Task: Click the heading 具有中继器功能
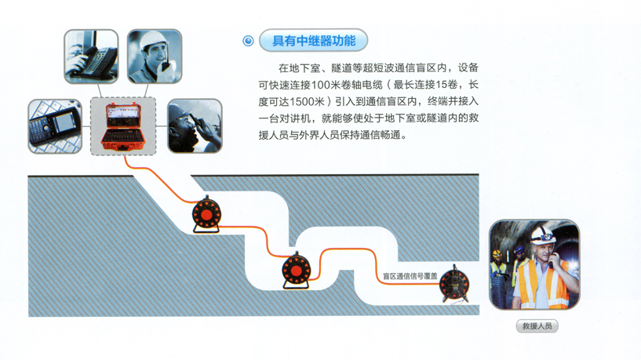tap(314, 41)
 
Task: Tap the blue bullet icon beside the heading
tap(248, 41)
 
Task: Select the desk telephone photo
tap(91, 56)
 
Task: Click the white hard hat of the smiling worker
tap(153, 41)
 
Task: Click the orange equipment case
tap(123, 126)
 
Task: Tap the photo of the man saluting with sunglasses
tap(195, 125)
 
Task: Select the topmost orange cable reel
tap(206, 215)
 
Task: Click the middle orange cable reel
tap(297, 270)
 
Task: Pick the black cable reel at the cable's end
tap(454, 285)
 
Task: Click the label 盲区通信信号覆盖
tap(410, 276)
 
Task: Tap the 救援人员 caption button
tap(537, 326)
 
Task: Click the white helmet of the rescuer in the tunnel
tap(543, 235)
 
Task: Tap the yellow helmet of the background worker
tap(497, 254)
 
